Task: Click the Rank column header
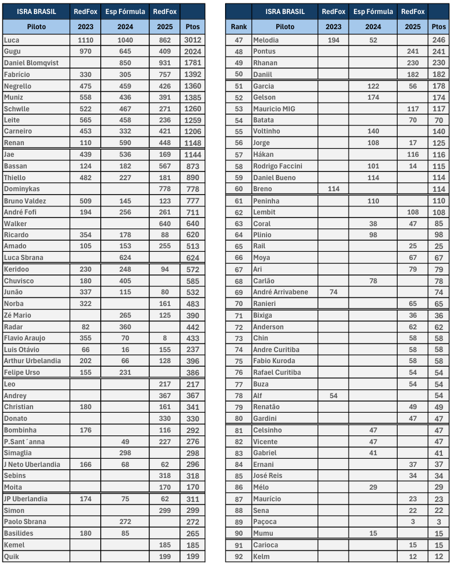(x=238, y=27)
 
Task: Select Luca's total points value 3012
(x=192, y=40)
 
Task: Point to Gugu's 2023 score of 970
(x=85, y=51)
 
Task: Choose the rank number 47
(x=238, y=40)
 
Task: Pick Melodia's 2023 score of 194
(x=333, y=40)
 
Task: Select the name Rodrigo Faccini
(x=278, y=166)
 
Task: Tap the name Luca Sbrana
(x=23, y=258)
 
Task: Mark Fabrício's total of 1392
(x=192, y=75)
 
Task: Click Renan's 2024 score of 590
(x=125, y=143)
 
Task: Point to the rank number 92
(x=238, y=556)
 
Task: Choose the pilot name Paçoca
(x=265, y=522)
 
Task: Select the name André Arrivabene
(x=280, y=292)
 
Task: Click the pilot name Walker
(x=15, y=223)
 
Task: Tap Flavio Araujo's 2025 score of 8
(x=165, y=338)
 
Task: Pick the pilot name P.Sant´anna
(x=24, y=441)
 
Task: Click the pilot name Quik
(x=12, y=556)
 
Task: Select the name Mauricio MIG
(x=274, y=109)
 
